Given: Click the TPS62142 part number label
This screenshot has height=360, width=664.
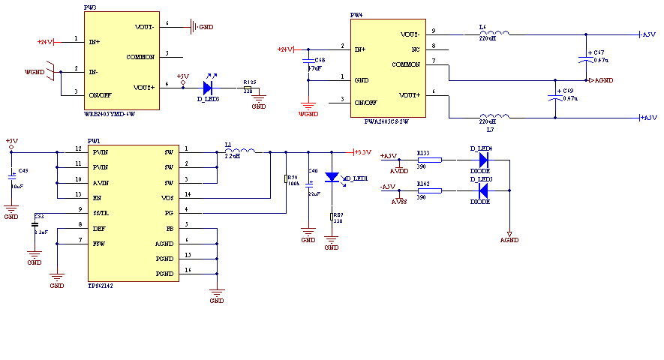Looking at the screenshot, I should tap(101, 286).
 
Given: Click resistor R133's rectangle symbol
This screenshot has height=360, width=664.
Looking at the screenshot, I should tap(429, 160).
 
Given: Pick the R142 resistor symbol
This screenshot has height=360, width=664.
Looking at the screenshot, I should tap(429, 190).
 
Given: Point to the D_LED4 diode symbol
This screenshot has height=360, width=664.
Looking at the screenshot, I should tap(483, 160).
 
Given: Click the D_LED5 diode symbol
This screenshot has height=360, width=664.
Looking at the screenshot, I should tap(483, 190).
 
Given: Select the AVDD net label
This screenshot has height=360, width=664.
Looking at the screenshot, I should tap(399, 170).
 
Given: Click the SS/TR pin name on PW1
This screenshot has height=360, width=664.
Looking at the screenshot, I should tap(101, 213).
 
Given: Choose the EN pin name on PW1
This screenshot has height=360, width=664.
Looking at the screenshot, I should tap(97, 198).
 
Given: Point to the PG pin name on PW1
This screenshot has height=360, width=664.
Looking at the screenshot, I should tap(170, 213).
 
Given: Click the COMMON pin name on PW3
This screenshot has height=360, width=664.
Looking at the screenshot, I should tap(140, 57).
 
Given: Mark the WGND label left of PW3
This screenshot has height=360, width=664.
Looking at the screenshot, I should tap(35, 72).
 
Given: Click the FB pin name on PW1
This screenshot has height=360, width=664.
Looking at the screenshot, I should tap(170, 228).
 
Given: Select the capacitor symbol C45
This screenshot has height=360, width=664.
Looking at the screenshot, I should tap(11, 177).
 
